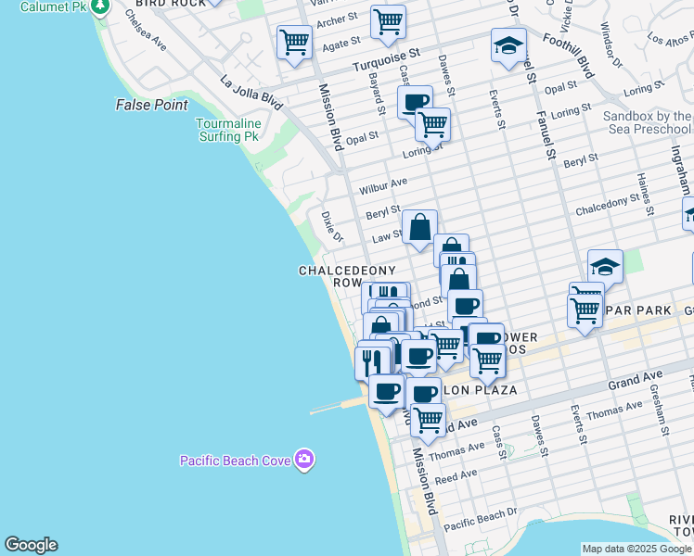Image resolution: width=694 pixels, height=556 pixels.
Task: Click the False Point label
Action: coord(152,105)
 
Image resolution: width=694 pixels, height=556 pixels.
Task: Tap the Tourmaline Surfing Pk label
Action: coord(226,130)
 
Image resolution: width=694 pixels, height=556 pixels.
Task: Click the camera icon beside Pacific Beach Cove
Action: coord(305,459)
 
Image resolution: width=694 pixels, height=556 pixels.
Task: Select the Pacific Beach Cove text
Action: coord(234,460)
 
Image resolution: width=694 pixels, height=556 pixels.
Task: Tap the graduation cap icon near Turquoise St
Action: coord(508,46)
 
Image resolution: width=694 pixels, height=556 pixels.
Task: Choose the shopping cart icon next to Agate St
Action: coord(294,42)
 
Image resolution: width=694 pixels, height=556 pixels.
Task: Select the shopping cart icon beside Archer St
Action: coord(388,20)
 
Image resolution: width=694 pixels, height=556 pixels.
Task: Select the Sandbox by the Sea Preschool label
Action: coord(648,123)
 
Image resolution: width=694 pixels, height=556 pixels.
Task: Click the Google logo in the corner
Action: coord(31,545)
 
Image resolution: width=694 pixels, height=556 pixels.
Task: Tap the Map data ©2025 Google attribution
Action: coord(636,549)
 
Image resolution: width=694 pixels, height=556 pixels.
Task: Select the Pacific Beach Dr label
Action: coord(480,520)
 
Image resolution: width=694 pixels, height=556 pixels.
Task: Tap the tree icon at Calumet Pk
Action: coord(101,6)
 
